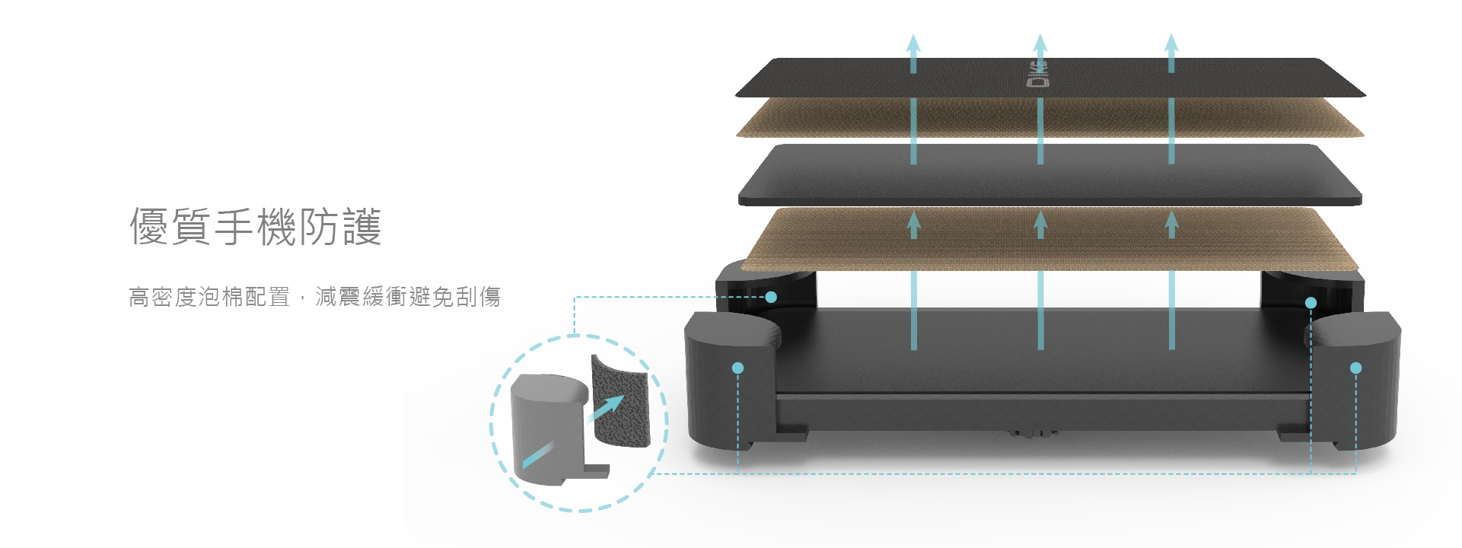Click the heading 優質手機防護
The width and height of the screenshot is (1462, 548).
(255, 227)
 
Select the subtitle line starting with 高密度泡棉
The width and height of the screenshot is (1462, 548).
(314, 296)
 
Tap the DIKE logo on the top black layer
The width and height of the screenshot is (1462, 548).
(1040, 74)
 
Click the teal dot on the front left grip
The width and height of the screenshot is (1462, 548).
(737, 368)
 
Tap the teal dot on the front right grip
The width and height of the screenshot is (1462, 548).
(1355, 368)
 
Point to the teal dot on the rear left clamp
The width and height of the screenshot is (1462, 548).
(771, 297)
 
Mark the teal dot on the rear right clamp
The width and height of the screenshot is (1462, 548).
(1311, 302)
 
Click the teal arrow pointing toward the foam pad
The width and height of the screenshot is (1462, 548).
(607, 409)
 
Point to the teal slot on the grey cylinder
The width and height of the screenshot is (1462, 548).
(537, 454)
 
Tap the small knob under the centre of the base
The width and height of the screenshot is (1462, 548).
(1033, 434)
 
